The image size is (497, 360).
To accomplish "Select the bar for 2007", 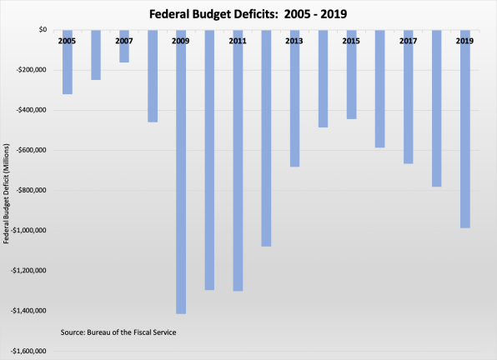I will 124,50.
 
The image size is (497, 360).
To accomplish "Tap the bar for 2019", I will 465,133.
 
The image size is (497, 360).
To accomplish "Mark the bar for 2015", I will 351,78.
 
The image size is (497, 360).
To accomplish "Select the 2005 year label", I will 67,41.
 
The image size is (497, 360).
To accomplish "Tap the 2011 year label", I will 238,41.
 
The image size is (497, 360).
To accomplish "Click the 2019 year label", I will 465,41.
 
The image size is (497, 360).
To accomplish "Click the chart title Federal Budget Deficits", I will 248,13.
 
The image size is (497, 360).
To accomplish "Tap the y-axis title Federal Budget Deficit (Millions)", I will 7,191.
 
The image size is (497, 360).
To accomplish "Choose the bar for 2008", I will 153,76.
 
